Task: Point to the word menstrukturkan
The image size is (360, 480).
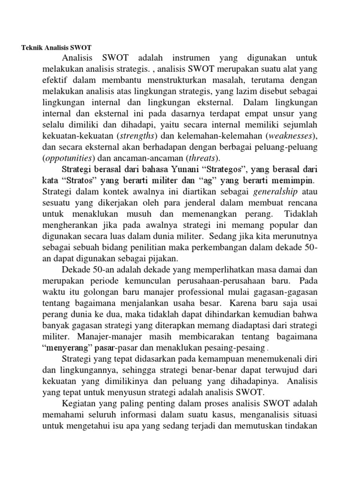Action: coord(185,80)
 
